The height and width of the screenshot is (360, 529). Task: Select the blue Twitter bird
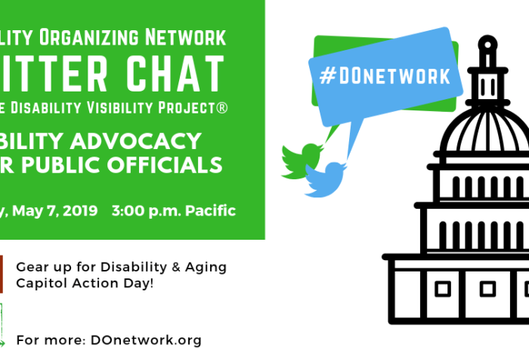tap(327, 178)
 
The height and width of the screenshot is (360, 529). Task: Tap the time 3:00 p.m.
tap(141, 210)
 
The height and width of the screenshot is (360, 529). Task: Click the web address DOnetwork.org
tap(143, 340)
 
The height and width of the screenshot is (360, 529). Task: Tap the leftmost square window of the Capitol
tap(442, 288)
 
